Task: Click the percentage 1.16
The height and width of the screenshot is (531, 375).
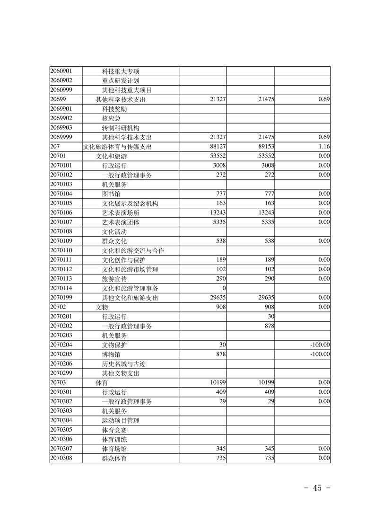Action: [324, 147]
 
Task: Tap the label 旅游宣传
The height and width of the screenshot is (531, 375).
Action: [114, 279]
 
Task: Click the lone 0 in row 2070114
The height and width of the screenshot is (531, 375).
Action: [224, 288]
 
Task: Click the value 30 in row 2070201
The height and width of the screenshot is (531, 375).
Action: [271, 316]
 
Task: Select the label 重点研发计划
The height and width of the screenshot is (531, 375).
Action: [120, 80]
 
